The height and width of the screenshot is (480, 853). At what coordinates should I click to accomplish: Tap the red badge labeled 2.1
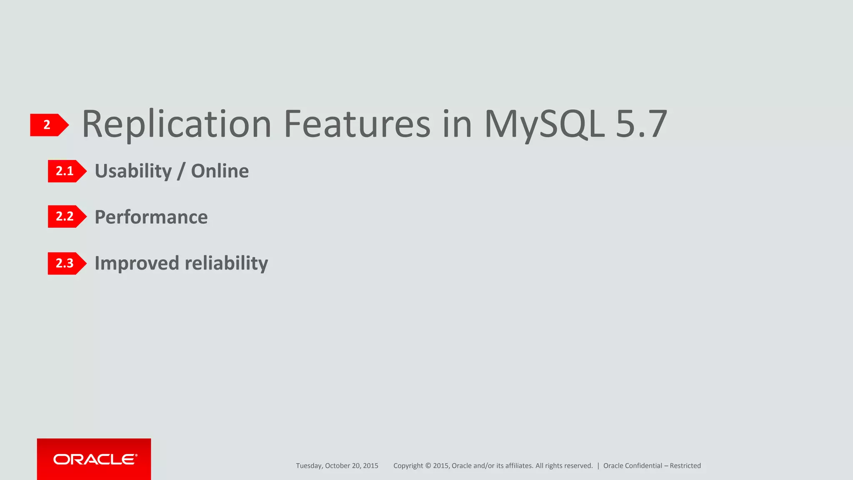pyautogui.click(x=66, y=171)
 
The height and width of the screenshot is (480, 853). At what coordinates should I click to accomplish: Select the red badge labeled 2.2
pyautogui.click(x=66, y=216)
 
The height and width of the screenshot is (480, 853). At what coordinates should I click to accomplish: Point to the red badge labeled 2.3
pyautogui.click(x=66, y=263)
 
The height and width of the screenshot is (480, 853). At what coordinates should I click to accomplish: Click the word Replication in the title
pyautogui.click(x=177, y=124)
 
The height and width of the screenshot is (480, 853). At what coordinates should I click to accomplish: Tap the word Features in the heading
pyautogui.click(x=357, y=124)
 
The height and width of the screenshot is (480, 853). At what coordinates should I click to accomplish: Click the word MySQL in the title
pyautogui.click(x=544, y=124)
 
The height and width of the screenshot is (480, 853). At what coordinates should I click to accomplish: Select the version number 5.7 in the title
pyautogui.click(x=641, y=124)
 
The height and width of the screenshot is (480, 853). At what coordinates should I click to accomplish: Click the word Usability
pyautogui.click(x=133, y=171)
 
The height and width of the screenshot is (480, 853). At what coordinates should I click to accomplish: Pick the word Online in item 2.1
pyautogui.click(x=219, y=171)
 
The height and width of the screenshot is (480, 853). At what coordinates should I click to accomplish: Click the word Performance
pyautogui.click(x=151, y=217)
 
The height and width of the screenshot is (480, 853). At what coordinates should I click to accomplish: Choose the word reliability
pyautogui.click(x=226, y=263)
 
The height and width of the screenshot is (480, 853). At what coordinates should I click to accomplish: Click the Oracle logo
pyautogui.click(x=95, y=459)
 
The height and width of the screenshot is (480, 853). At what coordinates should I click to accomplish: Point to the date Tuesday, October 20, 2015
pyautogui.click(x=337, y=466)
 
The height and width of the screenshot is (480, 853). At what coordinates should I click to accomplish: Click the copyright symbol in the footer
pyautogui.click(x=428, y=466)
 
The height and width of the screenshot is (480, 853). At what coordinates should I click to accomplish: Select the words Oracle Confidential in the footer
pyautogui.click(x=632, y=466)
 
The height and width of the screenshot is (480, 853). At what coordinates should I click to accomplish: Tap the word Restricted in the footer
pyautogui.click(x=685, y=466)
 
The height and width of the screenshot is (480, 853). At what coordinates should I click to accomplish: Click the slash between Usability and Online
pyautogui.click(x=181, y=171)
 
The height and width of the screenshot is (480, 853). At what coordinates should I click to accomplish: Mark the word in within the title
pyautogui.click(x=457, y=124)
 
